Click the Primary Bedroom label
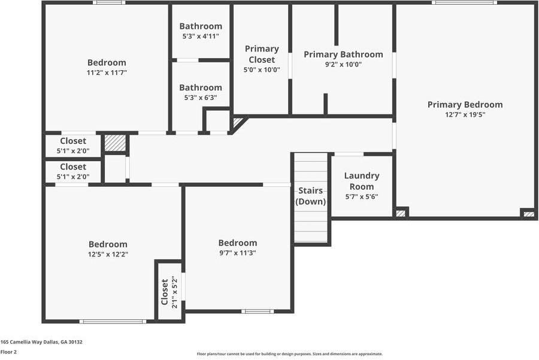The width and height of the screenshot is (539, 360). point(465,105)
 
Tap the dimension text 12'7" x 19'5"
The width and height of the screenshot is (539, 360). point(465,115)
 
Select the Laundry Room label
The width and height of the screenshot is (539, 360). point(362,181)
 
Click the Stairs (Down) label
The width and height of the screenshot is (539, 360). point(311,196)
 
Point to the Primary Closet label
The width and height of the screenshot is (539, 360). point(262,54)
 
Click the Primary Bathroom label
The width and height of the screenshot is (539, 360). point(343,55)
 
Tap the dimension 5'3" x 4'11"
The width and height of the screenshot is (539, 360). point(201,37)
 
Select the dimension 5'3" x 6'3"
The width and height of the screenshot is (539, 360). point(201,98)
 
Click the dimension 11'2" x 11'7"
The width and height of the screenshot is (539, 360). point(107,72)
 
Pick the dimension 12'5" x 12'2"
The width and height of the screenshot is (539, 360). point(108,254)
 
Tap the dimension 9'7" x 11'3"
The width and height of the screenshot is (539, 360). point(237,253)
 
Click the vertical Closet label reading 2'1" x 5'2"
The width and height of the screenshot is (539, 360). point(169,292)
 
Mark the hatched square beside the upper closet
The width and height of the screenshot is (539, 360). point(115,143)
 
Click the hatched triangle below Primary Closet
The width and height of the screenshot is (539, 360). point(238,123)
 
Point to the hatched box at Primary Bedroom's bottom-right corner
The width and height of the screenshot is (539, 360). point(528,213)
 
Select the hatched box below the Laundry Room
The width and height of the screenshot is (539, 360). point(401,213)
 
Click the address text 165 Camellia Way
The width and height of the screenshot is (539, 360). point(41,342)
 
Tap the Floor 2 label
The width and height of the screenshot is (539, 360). point(8,352)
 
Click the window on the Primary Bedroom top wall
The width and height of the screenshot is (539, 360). point(464,2)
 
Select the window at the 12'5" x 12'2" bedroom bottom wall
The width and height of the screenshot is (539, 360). point(113,322)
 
